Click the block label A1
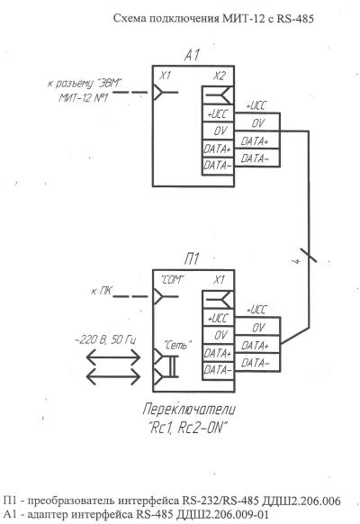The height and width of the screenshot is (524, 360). coord(192,55)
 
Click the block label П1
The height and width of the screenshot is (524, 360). coord(192,258)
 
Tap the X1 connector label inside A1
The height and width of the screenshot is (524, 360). coord(165,76)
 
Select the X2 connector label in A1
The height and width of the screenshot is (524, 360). coord(220,77)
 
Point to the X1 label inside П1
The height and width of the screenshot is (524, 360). coord(219,280)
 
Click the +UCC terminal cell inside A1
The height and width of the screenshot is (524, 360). coord(218,114)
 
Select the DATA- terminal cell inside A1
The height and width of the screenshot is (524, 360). coord(218,166)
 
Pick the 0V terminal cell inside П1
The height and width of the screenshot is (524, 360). coord(218,335)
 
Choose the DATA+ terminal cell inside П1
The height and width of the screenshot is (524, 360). coord(218,353)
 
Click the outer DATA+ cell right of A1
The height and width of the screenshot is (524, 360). coord(256,141)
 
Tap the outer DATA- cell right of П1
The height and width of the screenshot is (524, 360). coord(256,363)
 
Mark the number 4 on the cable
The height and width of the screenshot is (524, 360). coord(298,260)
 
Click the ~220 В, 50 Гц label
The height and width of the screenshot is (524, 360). coord(105,340)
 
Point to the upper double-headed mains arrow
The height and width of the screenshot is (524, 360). coord(113,357)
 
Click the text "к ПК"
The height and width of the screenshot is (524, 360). coord(101,292)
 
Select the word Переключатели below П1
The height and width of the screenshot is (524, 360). coord(189,410)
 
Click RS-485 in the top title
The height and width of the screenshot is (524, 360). coord(295,18)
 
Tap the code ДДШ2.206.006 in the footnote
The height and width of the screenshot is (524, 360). coord(301,501)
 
